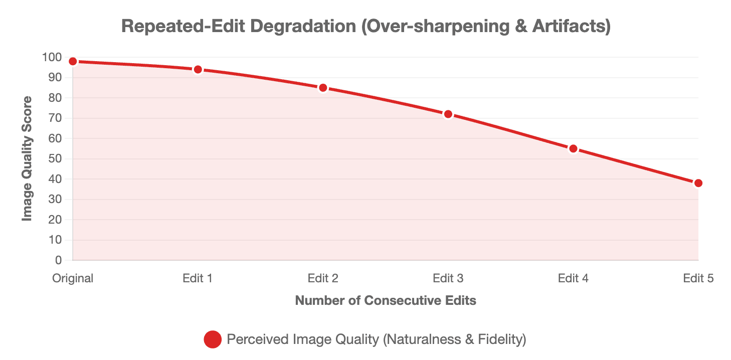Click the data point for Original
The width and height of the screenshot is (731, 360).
pos(73,61)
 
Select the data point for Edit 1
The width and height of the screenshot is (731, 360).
pos(198,70)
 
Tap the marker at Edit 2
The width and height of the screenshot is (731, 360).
pos(323,88)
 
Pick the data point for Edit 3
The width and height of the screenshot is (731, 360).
pos(448,114)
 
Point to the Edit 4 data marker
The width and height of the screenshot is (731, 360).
pos(573,149)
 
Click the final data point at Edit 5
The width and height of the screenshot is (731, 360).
pos(698,183)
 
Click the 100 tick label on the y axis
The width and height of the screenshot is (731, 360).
pos(52,58)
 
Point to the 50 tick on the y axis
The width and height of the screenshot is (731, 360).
pos(55,159)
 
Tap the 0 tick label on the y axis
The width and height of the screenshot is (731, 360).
pos(59,260)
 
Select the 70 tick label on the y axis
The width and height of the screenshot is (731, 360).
pos(55,118)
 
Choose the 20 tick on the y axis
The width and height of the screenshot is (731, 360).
pos(55,220)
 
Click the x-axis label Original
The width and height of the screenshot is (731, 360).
pos(73,278)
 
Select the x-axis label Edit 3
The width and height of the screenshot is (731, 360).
pos(448,278)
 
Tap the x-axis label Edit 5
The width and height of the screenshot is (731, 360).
pos(698,278)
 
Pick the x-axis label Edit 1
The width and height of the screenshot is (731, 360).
pos(198,278)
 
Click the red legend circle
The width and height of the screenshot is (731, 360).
pos(213,339)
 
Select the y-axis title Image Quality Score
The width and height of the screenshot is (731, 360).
pos(27,158)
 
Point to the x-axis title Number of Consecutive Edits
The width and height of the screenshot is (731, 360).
pos(386,301)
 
